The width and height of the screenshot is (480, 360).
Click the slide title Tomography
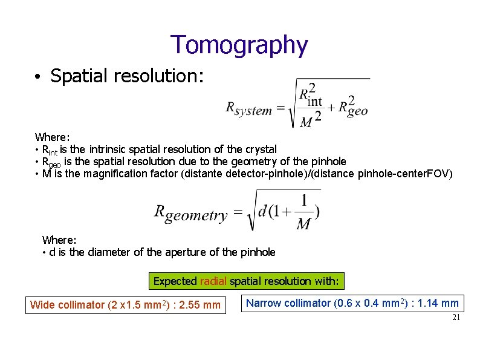tap(239, 45)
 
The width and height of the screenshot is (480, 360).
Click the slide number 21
tap(456, 318)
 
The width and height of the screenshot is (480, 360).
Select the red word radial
tap(213, 281)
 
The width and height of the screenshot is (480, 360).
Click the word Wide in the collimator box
tap(42, 304)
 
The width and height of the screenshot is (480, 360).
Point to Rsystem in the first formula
tap(248, 109)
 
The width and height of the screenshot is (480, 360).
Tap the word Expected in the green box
tap(175, 281)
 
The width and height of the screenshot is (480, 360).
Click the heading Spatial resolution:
tap(127, 76)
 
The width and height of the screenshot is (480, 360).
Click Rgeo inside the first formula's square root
tap(353, 108)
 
